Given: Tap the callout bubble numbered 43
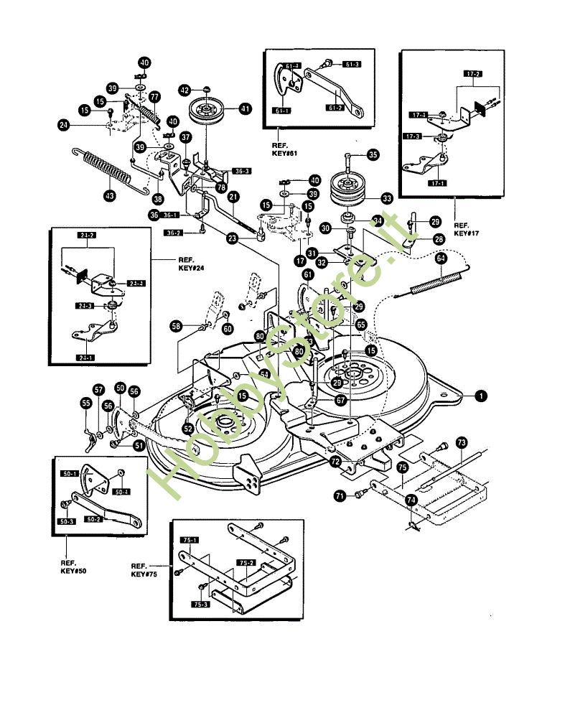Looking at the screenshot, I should point(109,195).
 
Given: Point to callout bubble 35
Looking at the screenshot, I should point(373,154).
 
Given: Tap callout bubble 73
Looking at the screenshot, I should point(462,442).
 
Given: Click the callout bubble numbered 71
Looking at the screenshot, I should point(340,495).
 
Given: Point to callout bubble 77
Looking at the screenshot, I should point(155,96).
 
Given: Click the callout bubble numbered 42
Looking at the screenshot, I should point(184,90).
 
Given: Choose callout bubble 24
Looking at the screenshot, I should point(65,125).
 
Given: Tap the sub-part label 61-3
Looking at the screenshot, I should point(352,65).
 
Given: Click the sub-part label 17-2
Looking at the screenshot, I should point(474,74).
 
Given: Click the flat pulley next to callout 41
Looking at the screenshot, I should point(207,113).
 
